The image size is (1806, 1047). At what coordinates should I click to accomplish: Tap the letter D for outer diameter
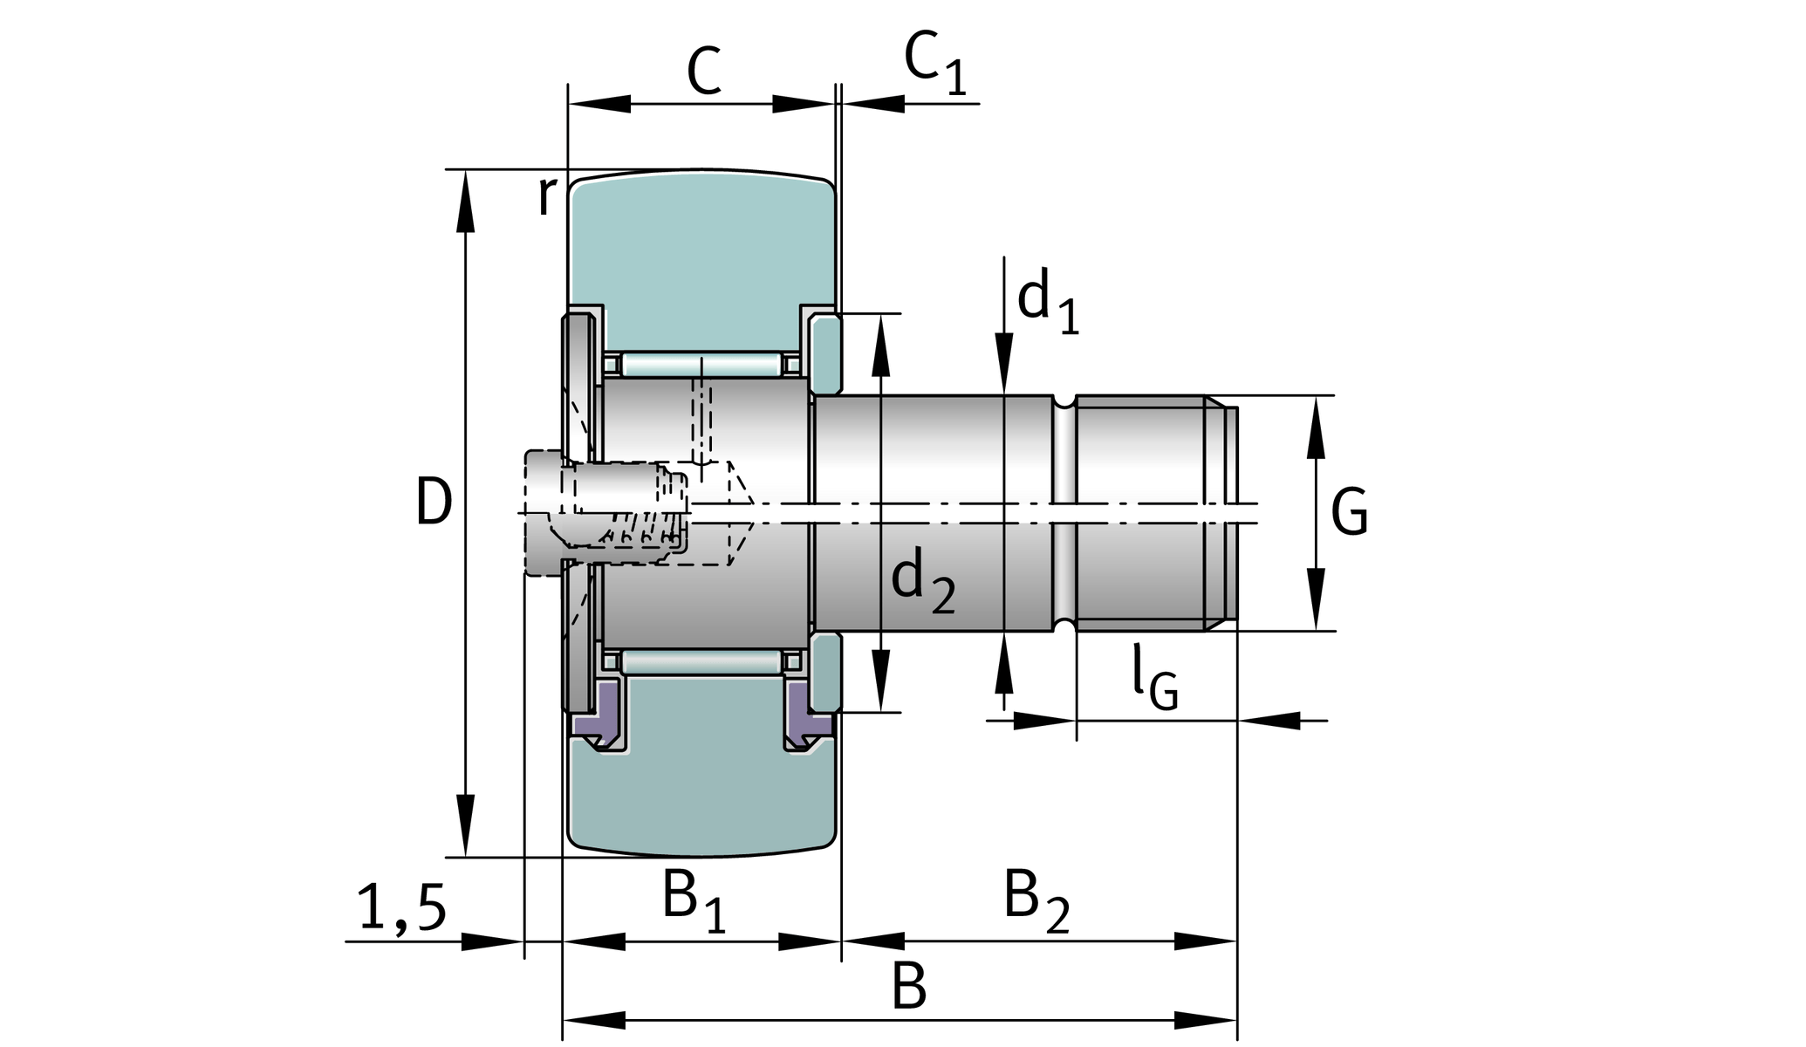[x=434, y=503]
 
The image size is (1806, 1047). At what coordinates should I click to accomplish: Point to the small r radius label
[x=545, y=195]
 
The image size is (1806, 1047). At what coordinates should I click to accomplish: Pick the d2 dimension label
[x=922, y=581]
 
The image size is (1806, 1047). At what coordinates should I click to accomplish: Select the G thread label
[x=1349, y=512]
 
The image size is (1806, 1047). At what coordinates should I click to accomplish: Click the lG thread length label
[x=1154, y=678]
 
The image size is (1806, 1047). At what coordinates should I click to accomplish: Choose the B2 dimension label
[x=1036, y=900]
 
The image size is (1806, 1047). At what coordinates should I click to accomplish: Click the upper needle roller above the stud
[x=701, y=364]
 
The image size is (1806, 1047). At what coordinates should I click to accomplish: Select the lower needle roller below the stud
[x=701, y=662]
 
